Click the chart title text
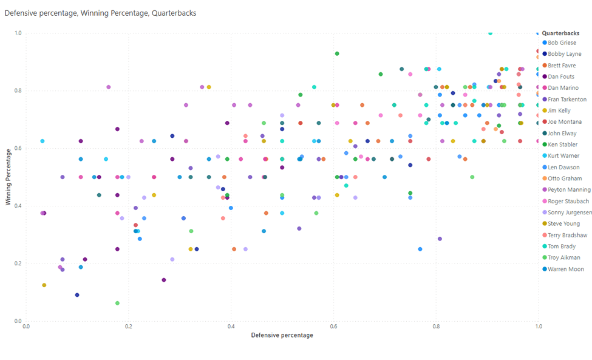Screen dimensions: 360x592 pyautogui.click(x=100, y=13)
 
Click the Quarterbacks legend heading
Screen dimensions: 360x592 pyautogui.click(x=560, y=33)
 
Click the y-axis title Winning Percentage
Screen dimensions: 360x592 pyautogui.click(x=9, y=177)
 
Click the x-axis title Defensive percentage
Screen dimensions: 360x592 pyautogui.click(x=282, y=335)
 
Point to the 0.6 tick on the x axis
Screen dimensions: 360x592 pyautogui.click(x=333, y=327)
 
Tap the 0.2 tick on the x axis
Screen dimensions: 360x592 pyautogui.click(x=129, y=327)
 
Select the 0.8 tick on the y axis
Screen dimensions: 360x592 pyautogui.click(x=18, y=91)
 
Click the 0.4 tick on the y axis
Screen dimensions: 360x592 pyautogui.click(x=18, y=206)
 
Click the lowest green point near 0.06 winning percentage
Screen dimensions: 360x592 pyautogui.click(x=117, y=303)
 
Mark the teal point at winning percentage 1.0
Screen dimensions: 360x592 pyautogui.click(x=490, y=33)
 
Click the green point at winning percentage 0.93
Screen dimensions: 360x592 pyautogui.click(x=337, y=53)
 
